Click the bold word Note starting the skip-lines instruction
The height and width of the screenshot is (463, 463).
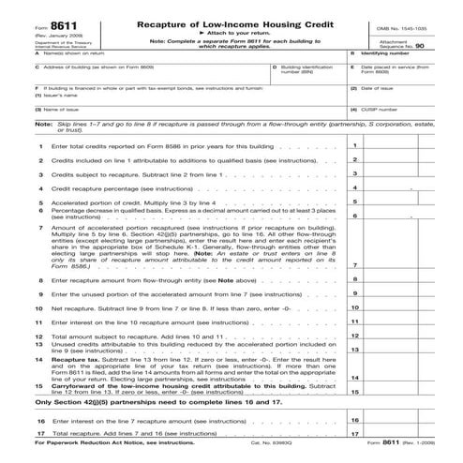43,148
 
